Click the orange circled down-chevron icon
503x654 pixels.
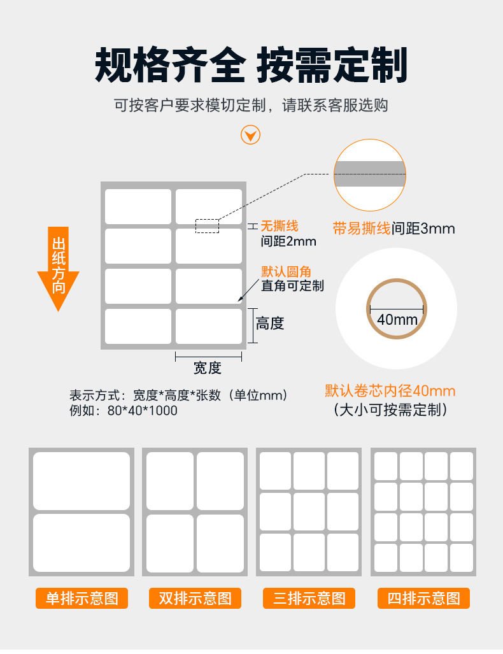pos(250,135)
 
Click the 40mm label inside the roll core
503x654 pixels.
pos(397,320)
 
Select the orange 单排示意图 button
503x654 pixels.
pos(81,598)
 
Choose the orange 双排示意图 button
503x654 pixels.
pos(195,598)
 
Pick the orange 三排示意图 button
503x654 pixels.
pos(309,598)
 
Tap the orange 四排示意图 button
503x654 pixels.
pos(424,598)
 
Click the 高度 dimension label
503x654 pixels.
pos(270,323)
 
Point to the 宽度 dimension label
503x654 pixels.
pos(208,368)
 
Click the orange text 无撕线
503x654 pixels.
pos(280,226)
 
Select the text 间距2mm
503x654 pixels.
pos(288,241)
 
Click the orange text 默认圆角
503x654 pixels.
pos(286,271)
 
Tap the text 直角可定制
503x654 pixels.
pos(292,286)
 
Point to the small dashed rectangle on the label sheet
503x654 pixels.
pos(208,225)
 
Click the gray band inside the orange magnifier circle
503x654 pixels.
pos(369,174)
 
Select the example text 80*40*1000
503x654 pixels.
pos(142,410)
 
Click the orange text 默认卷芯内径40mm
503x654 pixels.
pos(390,391)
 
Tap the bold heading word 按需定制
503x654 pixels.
pos(332,65)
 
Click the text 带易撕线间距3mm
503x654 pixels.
pos(393,229)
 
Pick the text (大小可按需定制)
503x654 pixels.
pos(390,409)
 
